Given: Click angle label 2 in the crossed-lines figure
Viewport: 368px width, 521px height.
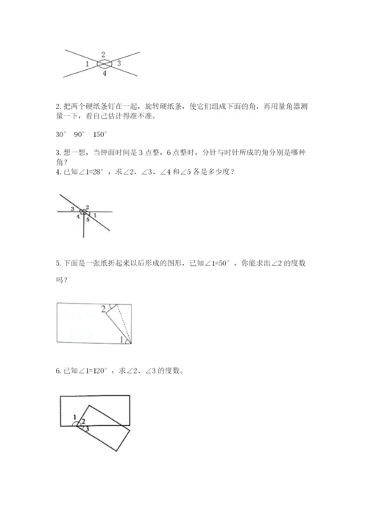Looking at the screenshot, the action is [103, 55].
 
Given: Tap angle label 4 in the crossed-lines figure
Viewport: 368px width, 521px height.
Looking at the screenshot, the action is [104, 74].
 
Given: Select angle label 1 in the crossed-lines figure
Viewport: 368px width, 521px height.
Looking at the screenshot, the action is [88, 65].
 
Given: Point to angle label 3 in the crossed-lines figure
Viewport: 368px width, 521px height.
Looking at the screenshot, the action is [119, 65].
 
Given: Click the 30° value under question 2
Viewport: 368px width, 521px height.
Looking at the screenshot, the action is [61, 134].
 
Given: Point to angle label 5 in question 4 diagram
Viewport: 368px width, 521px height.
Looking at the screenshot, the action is [87, 220].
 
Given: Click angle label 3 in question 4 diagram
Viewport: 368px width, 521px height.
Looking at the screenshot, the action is [72, 210].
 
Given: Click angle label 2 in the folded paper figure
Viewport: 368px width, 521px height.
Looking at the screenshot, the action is [103, 309].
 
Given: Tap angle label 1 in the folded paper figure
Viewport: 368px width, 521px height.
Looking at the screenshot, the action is [121, 339].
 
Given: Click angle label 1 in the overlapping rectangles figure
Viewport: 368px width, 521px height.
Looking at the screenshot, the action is [75, 418].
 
